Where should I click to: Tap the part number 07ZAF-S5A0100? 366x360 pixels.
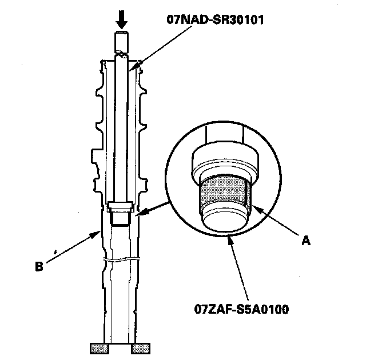pos(241,310)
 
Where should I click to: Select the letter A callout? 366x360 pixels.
pos(306,241)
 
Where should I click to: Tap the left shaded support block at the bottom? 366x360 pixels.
pos(100,348)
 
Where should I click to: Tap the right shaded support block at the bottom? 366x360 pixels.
pos(141,348)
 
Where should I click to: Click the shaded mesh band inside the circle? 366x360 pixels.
pos(225,193)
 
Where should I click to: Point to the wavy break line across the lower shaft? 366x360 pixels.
pos(121,261)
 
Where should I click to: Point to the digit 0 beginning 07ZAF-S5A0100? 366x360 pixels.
pos(197,310)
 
